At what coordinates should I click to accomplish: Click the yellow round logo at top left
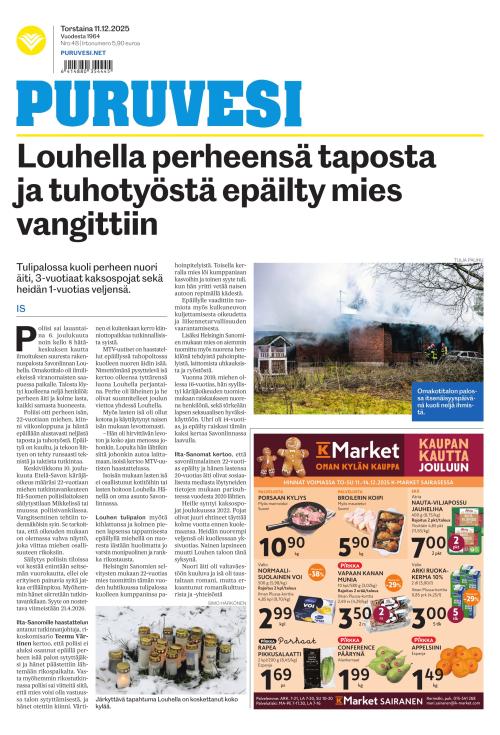pos(31,41)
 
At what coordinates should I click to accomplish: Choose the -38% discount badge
pos(315,575)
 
